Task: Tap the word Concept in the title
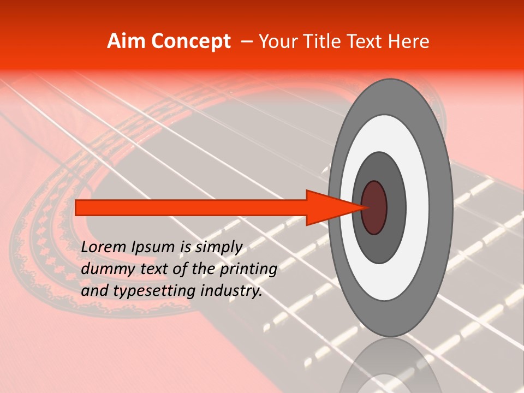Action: [x=190, y=41]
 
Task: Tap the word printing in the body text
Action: [x=248, y=270]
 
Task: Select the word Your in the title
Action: [x=276, y=41]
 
